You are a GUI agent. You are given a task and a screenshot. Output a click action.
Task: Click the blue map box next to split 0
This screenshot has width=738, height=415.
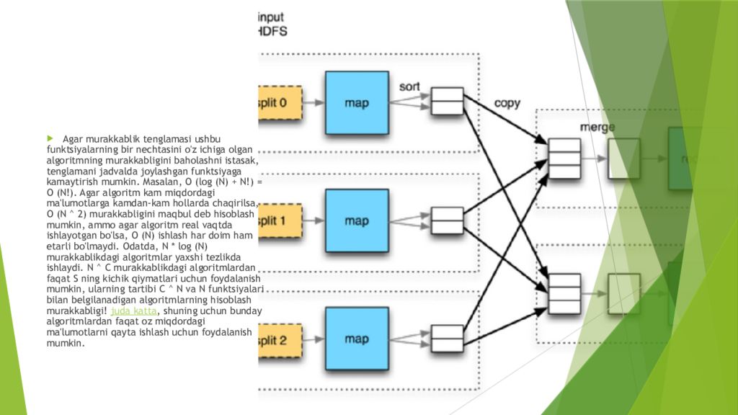[357, 103]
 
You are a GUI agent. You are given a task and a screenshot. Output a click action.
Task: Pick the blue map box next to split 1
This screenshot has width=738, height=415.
[357, 220]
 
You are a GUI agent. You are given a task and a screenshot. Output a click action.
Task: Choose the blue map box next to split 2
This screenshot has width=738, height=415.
[357, 339]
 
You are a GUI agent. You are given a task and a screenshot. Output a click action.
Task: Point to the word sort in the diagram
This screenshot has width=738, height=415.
[409, 86]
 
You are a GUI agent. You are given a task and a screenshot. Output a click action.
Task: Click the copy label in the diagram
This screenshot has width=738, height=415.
[507, 103]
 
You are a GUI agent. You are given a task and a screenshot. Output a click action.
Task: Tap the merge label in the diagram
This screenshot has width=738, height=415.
[597, 127]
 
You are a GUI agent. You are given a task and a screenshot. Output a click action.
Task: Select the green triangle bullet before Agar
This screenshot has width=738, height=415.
[51, 138]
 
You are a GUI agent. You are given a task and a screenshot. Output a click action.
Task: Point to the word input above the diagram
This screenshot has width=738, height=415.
[278, 17]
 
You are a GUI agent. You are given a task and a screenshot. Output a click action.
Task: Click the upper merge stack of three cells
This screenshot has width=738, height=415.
[564, 158]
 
